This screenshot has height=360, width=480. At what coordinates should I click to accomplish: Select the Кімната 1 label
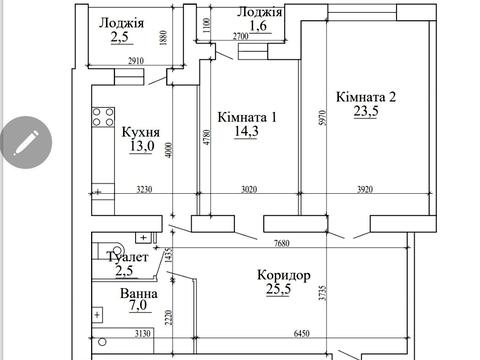tap(247, 116)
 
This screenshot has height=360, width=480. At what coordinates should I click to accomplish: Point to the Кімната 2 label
tap(366, 97)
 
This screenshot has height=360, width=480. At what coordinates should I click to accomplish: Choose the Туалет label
tap(127, 258)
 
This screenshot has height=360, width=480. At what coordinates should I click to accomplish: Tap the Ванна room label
tap(136, 295)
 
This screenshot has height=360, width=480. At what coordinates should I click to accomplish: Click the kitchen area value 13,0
tap(139, 147)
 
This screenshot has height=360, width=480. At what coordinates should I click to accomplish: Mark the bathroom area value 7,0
tap(137, 311)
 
